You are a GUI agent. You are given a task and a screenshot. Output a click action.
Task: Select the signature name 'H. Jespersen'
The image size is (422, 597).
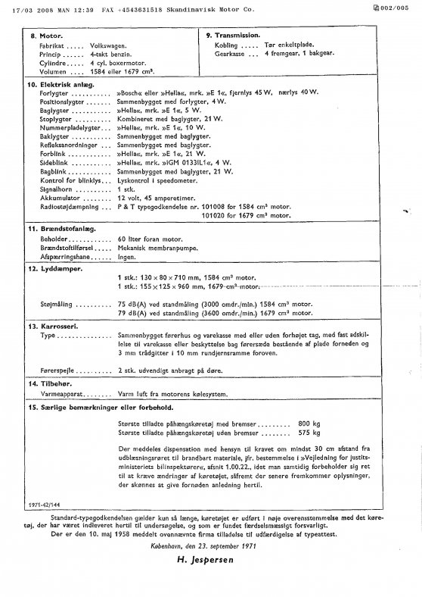coord(207,562)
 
